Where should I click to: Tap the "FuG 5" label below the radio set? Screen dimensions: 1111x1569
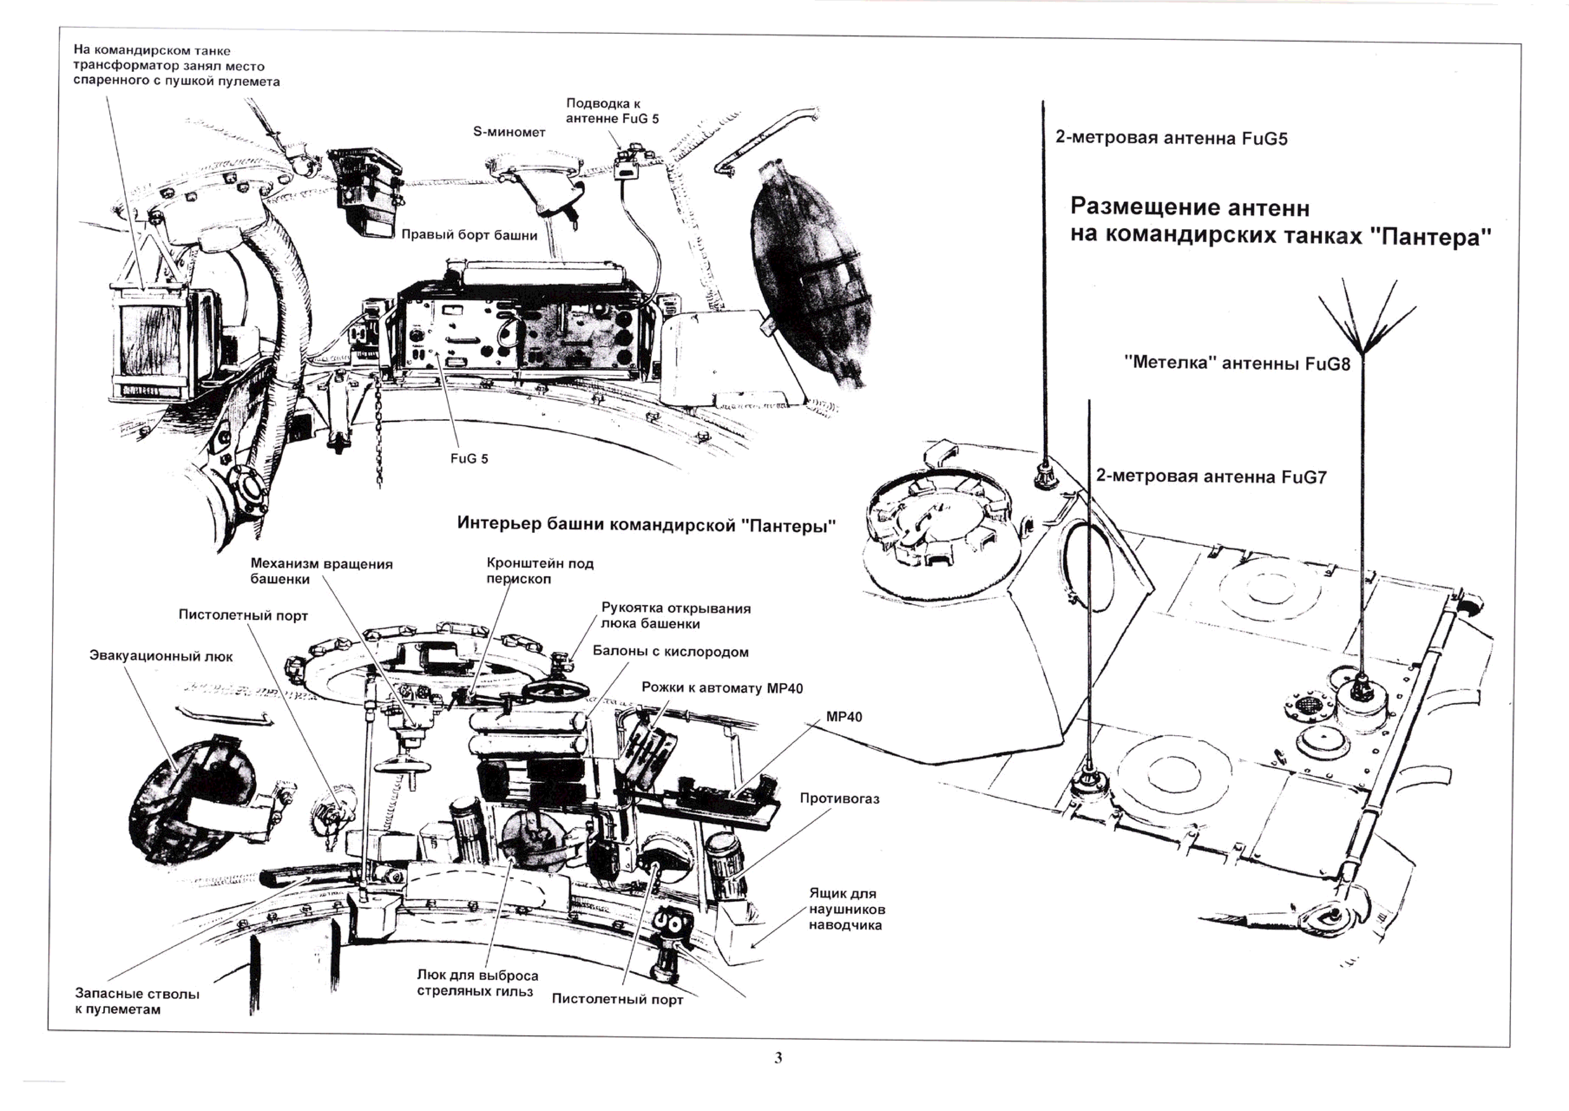pyautogui.click(x=469, y=458)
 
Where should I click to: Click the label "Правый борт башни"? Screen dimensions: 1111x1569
pyautogui.click(x=469, y=235)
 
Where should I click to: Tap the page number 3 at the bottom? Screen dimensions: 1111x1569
pyautogui.click(x=778, y=1058)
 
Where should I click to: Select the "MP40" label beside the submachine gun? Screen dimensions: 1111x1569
pyautogui.click(x=844, y=717)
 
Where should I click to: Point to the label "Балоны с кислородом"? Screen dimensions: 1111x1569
pyautogui.click(x=670, y=652)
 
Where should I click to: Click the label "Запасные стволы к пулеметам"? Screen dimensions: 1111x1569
pyautogui.click(x=137, y=1001)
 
